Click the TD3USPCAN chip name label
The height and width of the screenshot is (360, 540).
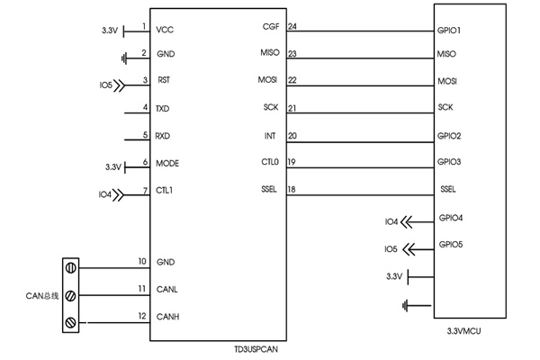point(256,349)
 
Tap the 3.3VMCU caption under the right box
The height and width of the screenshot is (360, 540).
point(463,331)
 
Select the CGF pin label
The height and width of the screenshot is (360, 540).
point(271,26)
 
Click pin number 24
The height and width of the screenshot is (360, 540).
point(292,26)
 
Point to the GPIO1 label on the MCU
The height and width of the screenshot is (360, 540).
point(449,31)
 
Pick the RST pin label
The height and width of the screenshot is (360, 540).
point(164,80)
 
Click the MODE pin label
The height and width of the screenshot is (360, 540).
point(167,163)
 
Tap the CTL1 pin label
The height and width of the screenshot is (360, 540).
point(165,190)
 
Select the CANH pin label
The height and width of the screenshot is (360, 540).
point(167,317)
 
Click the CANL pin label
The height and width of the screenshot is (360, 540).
point(167,290)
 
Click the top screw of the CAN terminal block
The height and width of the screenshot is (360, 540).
point(70,267)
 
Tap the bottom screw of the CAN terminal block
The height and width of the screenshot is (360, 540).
point(70,323)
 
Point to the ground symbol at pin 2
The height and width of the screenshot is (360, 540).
point(124,58)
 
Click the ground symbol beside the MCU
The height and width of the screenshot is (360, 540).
point(405,306)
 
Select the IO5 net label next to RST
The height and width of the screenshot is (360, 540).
point(105,85)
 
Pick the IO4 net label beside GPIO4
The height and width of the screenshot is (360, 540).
point(391,222)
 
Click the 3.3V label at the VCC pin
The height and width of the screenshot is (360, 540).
point(110,31)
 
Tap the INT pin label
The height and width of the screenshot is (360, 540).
point(270,136)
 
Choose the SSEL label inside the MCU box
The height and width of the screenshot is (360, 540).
point(448,189)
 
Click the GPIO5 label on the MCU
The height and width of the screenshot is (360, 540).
point(451,245)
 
